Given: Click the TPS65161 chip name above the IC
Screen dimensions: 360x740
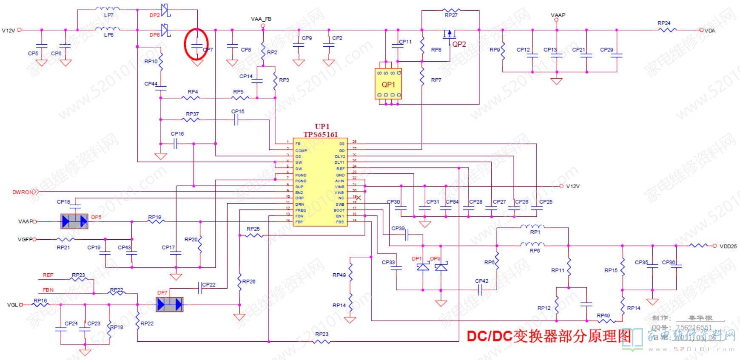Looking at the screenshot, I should pos(321,134).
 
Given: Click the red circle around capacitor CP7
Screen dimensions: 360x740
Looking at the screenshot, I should pos(196,44).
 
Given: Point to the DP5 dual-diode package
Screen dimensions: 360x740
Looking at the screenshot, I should pos(75,221).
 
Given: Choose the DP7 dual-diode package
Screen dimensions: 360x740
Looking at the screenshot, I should pos(170,304).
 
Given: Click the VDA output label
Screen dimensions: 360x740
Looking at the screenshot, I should pos(710,31).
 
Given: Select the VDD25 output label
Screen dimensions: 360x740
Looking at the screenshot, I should pos(728,247).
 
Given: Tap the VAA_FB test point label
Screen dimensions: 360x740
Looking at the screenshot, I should pos(261,19).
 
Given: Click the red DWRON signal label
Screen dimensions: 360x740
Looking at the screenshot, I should pos(23,192).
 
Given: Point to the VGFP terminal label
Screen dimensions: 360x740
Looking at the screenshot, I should pos(25,240).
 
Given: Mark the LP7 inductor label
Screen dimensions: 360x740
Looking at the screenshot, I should pos(109,15).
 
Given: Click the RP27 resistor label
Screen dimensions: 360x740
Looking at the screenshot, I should pos(451,15).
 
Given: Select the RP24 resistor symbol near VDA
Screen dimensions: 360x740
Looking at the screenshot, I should pos(666,30).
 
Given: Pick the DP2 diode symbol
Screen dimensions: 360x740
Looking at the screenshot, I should pos(165,9).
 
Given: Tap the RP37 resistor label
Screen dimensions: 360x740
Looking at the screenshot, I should pos(192,114).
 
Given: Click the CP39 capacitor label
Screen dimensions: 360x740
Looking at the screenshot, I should pos(398,228).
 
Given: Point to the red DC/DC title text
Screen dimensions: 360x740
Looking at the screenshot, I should pos(549,336).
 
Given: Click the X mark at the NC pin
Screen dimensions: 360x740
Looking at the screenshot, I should pos(358,198).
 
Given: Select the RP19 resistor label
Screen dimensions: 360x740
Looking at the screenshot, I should pos(155,217).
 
